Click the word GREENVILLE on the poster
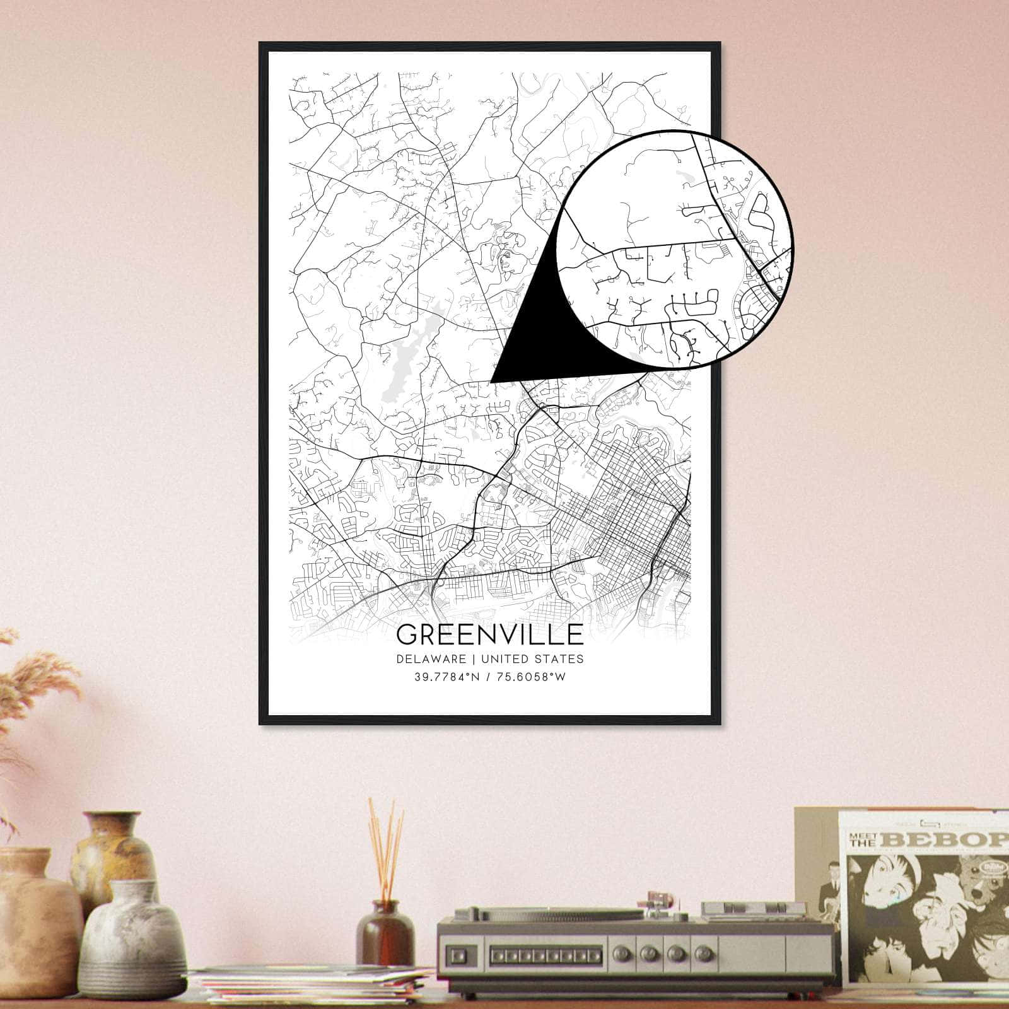pos(490,634)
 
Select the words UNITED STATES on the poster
pos(532,659)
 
